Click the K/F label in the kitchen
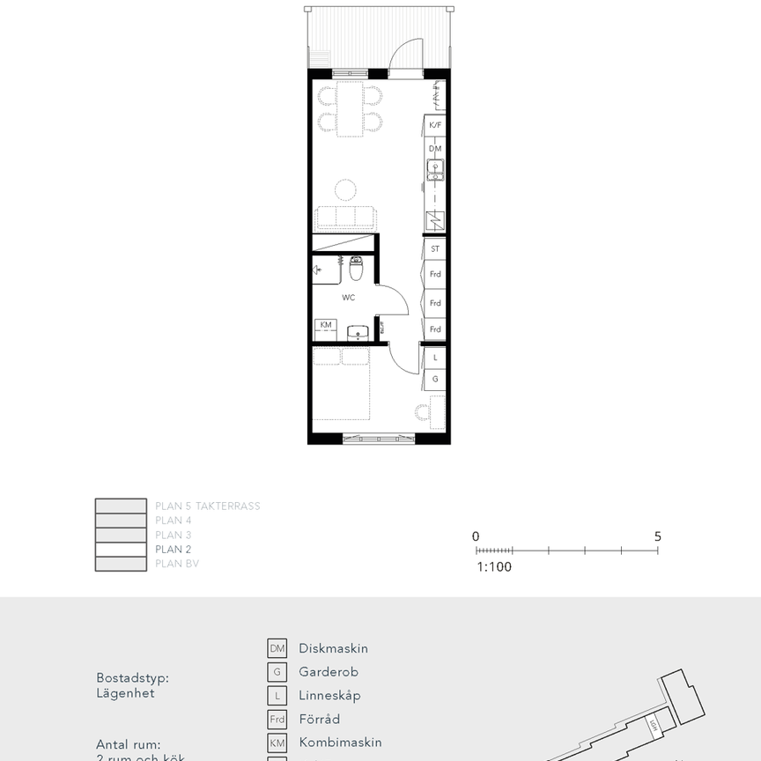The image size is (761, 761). tap(434, 126)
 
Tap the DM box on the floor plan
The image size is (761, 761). tap(434, 149)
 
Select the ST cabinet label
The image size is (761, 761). tap(434, 248)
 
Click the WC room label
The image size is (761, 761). tap(349, 298)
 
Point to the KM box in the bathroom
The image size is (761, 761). tap(326, 325)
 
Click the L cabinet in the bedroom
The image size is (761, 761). tap(434, 358)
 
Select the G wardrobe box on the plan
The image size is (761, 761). tap(434, 380)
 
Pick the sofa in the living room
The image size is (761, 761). tap(346, 218)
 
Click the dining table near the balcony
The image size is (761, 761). tap(350, 108)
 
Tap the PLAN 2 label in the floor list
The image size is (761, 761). tap(174, 549)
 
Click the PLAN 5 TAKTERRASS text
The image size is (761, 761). tap(207, 506)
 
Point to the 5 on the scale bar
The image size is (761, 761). tap(657, 536)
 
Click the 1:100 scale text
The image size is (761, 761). tap(494, 567)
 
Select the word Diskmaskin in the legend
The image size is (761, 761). tap(333, 648)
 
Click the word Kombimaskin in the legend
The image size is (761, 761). tap(340, 743)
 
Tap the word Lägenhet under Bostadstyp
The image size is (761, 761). tap(125, 693)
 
